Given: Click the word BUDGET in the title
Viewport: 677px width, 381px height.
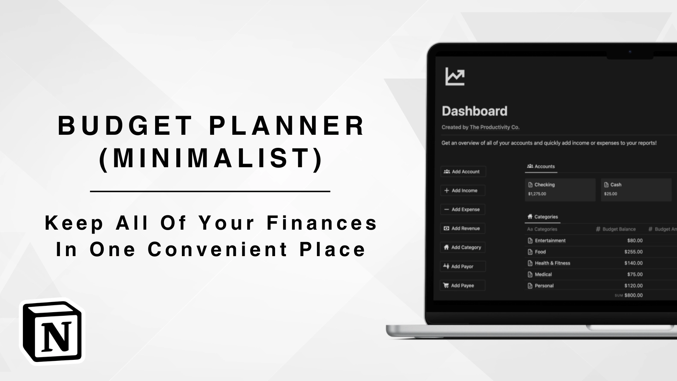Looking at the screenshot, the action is pos(125,126).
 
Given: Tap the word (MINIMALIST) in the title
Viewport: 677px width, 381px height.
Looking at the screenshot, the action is pos(211,158).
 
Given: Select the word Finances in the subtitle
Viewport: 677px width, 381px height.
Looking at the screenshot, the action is pos(322,223).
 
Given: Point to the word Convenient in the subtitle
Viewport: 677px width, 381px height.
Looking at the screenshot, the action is pos(218,249).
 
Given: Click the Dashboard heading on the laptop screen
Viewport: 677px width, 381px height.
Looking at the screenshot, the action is pos(475,111).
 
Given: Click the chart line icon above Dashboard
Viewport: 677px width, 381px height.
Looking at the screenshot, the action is pos(455,76).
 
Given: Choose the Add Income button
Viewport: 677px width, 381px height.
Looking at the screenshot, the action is pos(463,190).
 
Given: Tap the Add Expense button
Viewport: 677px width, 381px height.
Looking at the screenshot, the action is pos(463,210).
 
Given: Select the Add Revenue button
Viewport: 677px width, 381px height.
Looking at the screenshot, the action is pos(463,229).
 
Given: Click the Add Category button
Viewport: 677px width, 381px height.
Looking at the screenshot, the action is pos(463,247).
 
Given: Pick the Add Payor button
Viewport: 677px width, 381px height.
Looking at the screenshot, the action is pos(463,266).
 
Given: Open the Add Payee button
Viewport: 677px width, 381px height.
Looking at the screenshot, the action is pos(463,285).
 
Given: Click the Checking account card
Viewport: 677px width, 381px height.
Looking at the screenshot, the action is pos(560,189).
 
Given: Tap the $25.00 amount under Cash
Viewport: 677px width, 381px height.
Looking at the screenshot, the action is pos(610,194).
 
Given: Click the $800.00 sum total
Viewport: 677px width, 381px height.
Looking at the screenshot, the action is pos(633,295).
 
